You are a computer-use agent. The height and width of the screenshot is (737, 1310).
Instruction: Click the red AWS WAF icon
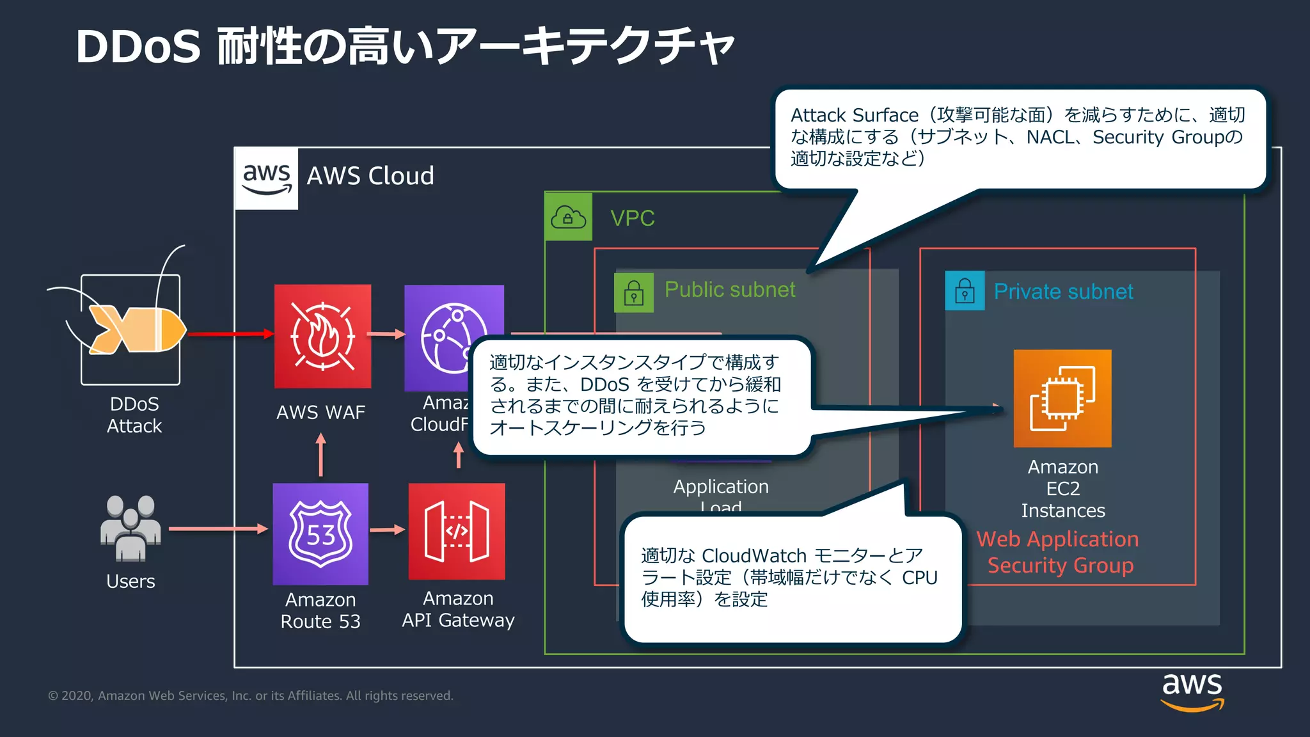tap(322, 336)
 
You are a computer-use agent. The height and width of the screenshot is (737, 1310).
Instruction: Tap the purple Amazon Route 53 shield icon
tap(320, 534)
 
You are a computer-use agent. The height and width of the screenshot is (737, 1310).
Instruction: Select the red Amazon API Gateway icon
tap(457, 531)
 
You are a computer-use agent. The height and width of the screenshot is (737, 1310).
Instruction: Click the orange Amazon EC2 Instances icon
tap(1062, 398)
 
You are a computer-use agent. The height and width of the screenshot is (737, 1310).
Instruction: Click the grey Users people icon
tap(130, 528)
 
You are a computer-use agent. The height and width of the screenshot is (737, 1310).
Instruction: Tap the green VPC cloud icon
tap(568, 218)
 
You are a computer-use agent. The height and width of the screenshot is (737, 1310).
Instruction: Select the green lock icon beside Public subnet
tap(633, 292)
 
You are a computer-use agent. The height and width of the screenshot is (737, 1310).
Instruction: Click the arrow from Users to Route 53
tap(217, 528)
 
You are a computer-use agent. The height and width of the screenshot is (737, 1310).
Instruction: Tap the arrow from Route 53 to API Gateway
tap(388, 530)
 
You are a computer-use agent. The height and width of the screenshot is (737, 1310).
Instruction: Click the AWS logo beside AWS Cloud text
tap(267, 178)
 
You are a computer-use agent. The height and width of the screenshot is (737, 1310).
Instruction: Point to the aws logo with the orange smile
tap(1192, 691)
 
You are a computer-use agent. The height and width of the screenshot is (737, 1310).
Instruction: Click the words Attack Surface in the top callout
tap(854, 115)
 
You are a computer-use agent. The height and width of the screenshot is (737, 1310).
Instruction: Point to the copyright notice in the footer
tap(250, 695)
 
